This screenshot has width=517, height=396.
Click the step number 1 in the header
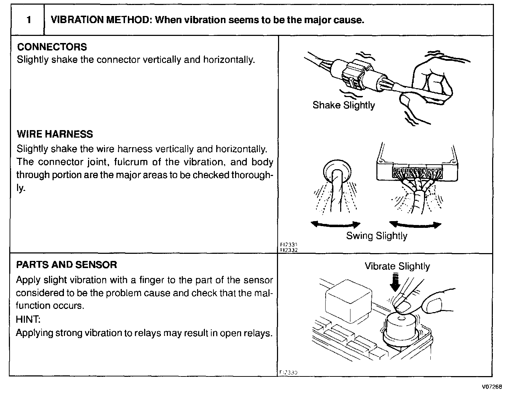[x=28, y=20]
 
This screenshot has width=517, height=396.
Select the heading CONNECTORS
[x=52, y=47]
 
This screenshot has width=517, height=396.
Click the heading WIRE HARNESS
[x=55, y=134]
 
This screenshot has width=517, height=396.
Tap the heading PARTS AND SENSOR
[x=66, y=264]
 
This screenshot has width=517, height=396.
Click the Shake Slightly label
[x=343, y=105]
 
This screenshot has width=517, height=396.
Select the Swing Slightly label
[x=376, y=236]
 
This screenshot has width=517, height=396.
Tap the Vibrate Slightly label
[x=397, y=266]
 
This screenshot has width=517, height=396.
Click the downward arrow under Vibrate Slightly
[x=394, y=283]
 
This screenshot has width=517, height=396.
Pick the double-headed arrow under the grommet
[x=335, y=224]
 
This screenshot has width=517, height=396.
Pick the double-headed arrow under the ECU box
[x=415, y=225]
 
